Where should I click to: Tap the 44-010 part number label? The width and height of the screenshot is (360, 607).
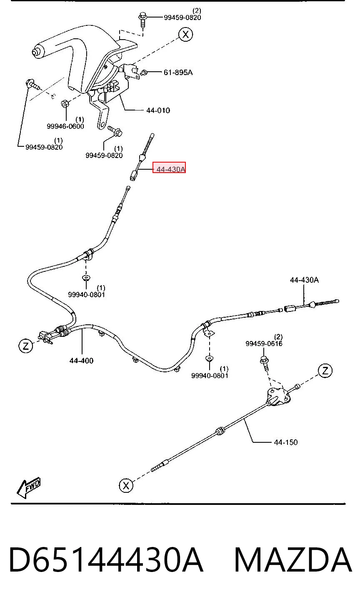pos(158,110)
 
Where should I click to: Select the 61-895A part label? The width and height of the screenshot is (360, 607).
pos(178,73)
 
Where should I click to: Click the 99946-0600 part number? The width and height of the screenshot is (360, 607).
pos(65,126)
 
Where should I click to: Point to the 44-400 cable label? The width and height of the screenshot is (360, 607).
pos(81,360)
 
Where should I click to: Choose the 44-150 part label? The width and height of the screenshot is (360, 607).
pos(285,442)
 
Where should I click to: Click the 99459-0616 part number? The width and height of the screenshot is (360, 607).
pos(264,344)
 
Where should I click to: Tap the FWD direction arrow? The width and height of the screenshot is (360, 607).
pos(29,488)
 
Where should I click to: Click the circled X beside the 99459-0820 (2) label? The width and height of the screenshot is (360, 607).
pos(185,35)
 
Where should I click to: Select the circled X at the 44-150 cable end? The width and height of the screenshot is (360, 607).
pos(126,485)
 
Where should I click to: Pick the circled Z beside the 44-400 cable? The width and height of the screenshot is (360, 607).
pos(26,346)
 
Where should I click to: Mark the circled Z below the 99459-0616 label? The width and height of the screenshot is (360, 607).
pos(325,371)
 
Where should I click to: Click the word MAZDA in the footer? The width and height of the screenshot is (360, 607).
pos(293,559)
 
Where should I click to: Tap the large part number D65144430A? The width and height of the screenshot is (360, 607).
pos(106,559)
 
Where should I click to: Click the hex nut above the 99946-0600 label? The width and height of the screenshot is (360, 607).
pos(65,103)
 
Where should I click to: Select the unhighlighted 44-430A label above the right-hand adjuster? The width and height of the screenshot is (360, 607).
pos(304,280)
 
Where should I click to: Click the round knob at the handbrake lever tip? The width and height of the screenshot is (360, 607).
pos(35,52)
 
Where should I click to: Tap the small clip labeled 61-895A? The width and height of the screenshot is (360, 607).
pos(144,73)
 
